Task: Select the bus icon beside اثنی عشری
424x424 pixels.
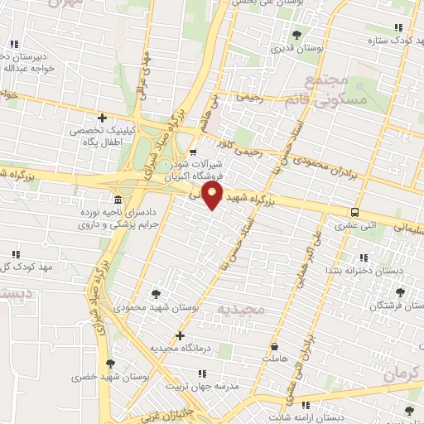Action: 354,212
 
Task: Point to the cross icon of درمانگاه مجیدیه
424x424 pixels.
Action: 180,335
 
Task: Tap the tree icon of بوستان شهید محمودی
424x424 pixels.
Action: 157,294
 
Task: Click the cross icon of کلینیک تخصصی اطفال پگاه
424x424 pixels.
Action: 102,119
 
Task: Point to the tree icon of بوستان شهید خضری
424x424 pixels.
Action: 109,363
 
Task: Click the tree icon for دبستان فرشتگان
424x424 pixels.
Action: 402,292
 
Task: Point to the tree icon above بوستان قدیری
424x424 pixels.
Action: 296,35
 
